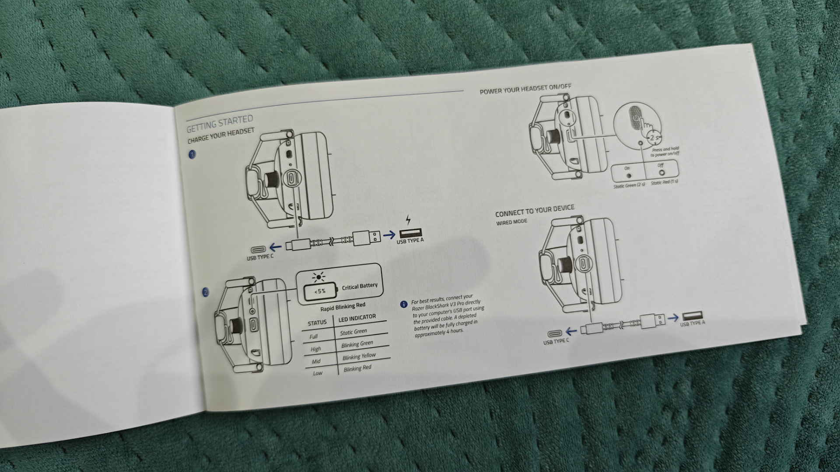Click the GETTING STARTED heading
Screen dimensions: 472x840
coord(220,123)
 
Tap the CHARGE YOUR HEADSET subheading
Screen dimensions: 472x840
coord(221,136)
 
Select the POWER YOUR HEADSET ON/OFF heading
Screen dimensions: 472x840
coord(525,89)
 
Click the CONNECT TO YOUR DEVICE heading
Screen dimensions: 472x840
coord(535,211)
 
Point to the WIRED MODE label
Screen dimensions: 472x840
coord(511,222)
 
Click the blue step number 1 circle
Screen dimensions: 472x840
coord(192,154)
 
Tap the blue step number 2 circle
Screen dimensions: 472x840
coord(206,292)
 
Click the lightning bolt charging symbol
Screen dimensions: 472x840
coord(408,219)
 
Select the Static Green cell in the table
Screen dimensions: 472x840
coord(353,332)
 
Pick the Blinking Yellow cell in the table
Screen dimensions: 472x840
coord(359,357)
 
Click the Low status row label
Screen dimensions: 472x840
coord(318,373)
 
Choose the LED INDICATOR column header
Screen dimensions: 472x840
coord(357,319)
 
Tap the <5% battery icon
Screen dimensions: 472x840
coord(321,291)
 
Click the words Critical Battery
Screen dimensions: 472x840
coord(360,287)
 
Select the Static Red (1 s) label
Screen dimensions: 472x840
coord(664,182)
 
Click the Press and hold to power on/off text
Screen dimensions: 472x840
coord(665,152)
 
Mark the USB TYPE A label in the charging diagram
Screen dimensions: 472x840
coord(410,240)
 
